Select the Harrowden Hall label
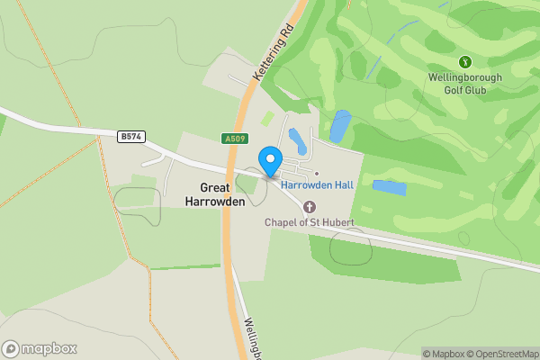pos(316,184)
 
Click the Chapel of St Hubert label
pos(309,222)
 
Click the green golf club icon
pos(465,62)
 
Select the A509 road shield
pos(233,139)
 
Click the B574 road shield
pos(131,136)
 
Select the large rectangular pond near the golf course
pos(340,126)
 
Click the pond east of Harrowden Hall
pos(389,188)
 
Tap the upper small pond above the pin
pos(295,139)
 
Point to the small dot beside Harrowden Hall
pos(317,173)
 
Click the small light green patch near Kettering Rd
pos(268,118)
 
